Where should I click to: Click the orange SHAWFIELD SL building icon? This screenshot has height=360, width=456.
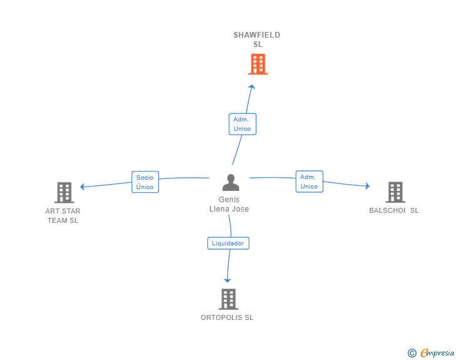tap(257, 64)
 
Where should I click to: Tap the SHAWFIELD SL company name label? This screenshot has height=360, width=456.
tap(257, 39)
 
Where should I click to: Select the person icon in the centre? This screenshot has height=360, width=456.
tap(231, 183)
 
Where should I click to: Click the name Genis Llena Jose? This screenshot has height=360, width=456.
tap(229, 204)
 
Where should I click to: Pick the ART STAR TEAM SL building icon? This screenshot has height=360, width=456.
tap(64, 192)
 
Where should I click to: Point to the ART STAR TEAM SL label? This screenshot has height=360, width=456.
tap(63, 215)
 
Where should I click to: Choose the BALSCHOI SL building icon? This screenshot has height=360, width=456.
tap(395, 192)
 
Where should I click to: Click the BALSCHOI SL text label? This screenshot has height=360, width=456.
tap(394, 210)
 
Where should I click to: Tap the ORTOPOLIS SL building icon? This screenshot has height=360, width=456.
tap(228, 299)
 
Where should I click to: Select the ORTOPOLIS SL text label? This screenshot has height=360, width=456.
tap(227, 317)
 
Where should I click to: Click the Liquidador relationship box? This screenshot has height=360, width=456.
tap(228, 243)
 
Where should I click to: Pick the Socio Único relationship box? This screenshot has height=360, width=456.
tap(145, 182)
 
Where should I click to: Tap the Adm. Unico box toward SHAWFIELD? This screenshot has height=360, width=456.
tap(242, 124)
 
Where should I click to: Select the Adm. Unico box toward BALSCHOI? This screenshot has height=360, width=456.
tap(309, 182)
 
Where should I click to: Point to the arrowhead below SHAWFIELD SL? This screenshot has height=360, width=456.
tap(252, 87)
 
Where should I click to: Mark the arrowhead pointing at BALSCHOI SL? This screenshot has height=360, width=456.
tap(366, 186)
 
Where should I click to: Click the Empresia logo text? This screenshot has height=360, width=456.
tap(437, 353)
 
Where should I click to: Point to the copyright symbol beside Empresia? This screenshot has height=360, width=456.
tap(412, 353)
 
